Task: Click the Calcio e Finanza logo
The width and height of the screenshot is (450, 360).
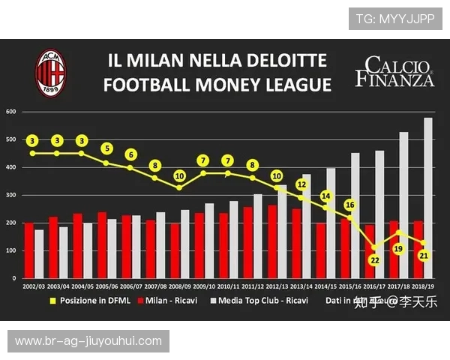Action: (x=394, y=72)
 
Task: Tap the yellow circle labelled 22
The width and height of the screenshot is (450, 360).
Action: (x=375, y=259)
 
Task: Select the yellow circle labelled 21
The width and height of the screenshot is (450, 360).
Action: (x=423, y=256)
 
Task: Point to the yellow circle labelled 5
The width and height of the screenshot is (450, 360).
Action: (x=106, y=148)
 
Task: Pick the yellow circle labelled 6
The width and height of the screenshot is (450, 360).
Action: (x=130, y=154)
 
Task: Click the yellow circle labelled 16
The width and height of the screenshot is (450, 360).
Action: (x=350, y=205)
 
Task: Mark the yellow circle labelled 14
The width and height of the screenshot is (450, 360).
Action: (x=325, y=196)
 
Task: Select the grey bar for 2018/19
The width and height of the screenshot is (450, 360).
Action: (x=428, y=198)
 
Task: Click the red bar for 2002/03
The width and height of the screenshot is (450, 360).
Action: (x=28, y=250)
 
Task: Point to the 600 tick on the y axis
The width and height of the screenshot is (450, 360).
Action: (x=11, y=112)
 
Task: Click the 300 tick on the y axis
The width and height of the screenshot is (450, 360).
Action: (x=11, y=195)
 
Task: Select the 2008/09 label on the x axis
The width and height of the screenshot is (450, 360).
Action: (x=180, y=286)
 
